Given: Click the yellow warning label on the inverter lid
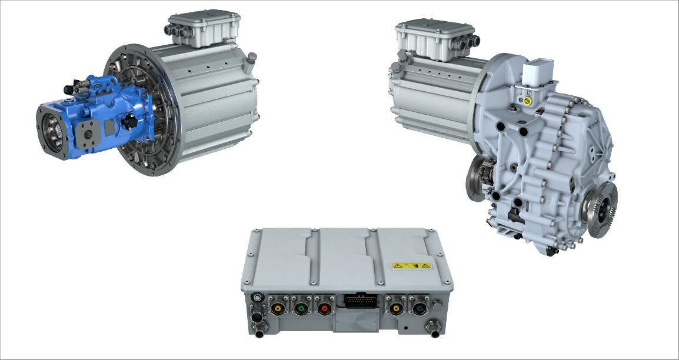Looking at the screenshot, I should (x=412, y=266).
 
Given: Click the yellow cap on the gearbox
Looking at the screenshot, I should (x=528, y=101).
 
